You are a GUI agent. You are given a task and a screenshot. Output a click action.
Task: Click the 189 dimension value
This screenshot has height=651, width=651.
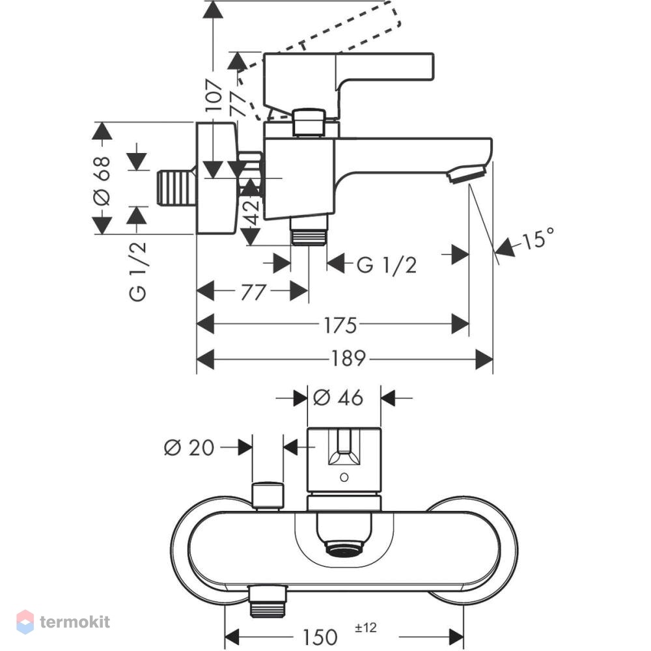(x=348, y=359)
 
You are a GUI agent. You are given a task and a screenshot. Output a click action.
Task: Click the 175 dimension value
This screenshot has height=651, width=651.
(x=340, y=325)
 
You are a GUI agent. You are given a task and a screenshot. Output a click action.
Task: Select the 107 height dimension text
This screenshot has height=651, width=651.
(x=214, y=95)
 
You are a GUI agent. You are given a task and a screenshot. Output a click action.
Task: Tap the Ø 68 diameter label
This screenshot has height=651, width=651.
(x=102, y=180)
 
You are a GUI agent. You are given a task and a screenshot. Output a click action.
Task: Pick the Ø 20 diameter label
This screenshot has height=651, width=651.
(x=189, y=448)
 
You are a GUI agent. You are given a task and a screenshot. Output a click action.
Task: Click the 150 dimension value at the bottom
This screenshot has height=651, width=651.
(x=320, y=637)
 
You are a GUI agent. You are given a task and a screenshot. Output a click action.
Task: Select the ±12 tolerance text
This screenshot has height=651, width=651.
(x=366, y=627)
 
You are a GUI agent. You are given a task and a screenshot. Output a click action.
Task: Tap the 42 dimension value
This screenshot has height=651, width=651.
(x=252, y=212)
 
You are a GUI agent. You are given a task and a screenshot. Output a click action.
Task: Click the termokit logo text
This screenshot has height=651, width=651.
(x=75, y=622)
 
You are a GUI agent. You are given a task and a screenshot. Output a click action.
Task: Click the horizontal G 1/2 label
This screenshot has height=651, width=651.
(x=387, y=264)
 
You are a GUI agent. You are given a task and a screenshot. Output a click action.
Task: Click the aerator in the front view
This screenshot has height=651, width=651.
(x=344, y=548)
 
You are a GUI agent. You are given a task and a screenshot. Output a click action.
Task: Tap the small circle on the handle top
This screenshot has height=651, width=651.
(x=344, y=477)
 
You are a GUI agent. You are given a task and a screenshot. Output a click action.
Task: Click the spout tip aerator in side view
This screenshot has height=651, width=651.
(x=467, y=174)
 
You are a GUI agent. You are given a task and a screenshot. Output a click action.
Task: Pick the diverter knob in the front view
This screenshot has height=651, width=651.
(x=268, y=495)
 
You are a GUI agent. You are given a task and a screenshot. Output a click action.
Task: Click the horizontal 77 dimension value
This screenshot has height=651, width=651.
(x=253, y=292)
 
